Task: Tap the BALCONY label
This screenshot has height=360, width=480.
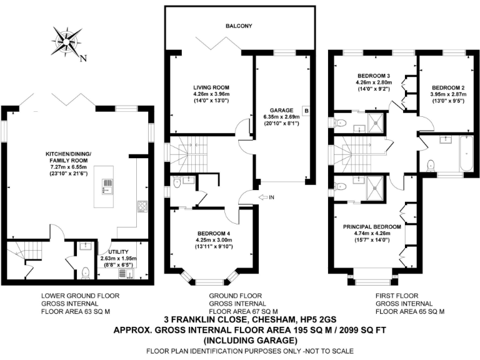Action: coord(239,26)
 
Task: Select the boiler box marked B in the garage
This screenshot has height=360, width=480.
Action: coord(306,110)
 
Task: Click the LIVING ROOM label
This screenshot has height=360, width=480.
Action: coord(211,87)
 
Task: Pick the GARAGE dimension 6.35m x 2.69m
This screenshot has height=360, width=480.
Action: coord(281,117)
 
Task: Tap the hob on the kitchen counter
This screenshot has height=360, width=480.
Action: coord(142,206)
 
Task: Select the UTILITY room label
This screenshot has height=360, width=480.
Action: coord(119,252)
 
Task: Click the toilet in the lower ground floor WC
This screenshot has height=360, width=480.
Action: coord(86,272)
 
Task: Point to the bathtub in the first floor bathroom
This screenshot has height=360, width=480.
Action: coord(465,154)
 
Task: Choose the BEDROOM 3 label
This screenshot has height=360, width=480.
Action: coord(374,76)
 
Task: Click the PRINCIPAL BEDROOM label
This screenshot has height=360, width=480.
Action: coord(372,227)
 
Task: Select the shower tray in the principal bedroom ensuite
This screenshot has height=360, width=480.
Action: coord(375,188)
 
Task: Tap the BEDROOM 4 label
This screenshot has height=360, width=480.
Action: coord(214,233)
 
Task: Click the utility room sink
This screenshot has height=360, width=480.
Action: coord(126,274)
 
